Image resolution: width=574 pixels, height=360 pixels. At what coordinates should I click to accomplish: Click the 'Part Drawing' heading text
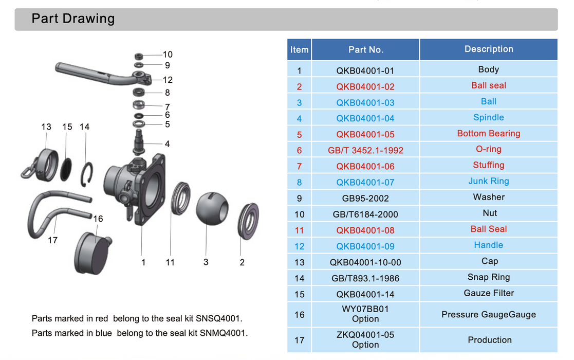(x=73, y=19)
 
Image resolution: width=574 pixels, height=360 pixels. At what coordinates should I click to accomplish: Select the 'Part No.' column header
(x=365, y=50)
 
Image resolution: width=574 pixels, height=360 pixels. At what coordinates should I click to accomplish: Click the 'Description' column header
(x=489, y=49)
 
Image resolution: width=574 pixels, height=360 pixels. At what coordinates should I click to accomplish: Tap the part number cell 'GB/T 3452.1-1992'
(x=365, y=150)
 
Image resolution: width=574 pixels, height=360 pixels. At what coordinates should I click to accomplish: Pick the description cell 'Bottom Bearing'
(x=489, y=134)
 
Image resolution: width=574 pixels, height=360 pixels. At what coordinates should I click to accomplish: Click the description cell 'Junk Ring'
(x=489, y=182)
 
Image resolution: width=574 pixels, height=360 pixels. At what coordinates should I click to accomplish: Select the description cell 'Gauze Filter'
(x=489, y=293)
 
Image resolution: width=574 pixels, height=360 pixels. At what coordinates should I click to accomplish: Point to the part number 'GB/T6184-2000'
(x=365, y=214)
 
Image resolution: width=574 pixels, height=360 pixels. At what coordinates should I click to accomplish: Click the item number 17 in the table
(x=300, y=340)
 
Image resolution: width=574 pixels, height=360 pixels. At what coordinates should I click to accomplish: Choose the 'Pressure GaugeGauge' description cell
(x=489, y=314)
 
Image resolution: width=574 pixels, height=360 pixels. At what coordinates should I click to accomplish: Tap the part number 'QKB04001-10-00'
(x=365, y=262)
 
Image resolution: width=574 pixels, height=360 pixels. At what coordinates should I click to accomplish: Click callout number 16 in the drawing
(x=98, y=219)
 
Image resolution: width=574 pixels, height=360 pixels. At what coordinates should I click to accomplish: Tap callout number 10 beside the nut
(x=168, y=55)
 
